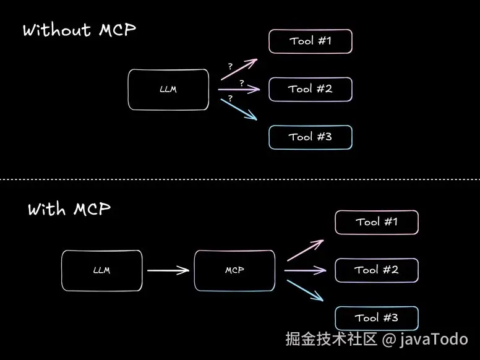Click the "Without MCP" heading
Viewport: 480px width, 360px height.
[79, 30]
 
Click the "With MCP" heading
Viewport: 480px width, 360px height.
[69, 210]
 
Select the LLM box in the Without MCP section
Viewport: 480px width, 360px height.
[168, 90]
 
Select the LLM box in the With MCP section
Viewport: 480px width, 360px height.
[101, 270]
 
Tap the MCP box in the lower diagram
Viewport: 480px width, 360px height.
[234, 270]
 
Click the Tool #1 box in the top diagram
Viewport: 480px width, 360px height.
[310, 41]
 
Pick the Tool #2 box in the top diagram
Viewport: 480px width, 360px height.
[310, 89]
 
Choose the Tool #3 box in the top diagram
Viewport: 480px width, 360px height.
[310, 137]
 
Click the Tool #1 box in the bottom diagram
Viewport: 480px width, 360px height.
[377, 222]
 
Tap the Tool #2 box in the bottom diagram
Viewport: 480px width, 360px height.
[377, 270]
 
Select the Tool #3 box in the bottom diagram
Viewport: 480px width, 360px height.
[377, 318]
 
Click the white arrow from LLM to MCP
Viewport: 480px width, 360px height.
[168, 270]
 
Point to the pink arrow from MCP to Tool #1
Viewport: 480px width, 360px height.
[305, 250]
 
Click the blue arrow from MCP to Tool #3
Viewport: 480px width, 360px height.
[305, 289]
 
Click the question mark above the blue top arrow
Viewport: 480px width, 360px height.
[230, 98]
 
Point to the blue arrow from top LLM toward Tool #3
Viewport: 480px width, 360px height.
[239, 109]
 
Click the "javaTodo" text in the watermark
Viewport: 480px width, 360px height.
[434, 340]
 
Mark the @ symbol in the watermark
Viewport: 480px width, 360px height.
[388, 340]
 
